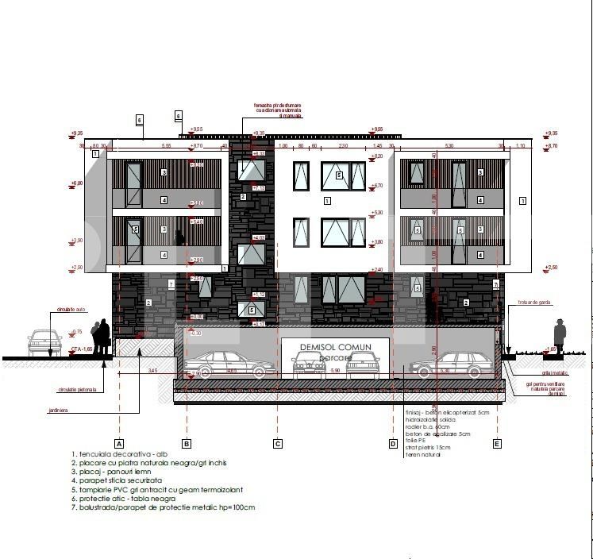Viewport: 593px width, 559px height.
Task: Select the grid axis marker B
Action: point(186,444)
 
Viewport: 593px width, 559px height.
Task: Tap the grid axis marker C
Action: point(277,444)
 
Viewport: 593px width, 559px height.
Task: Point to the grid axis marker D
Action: point(392,444)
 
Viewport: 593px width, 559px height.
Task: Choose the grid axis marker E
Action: point(498,444)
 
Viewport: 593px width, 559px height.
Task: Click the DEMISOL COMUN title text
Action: point(336,347)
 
